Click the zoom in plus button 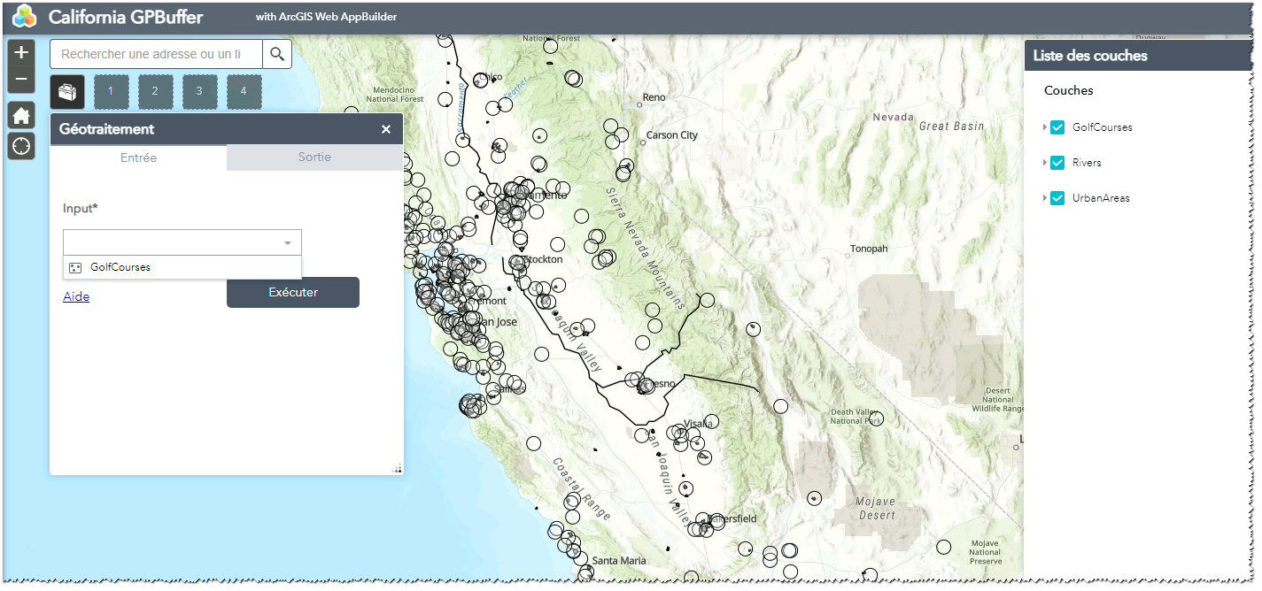(x=21, y=52)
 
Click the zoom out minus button (x=21, y=80)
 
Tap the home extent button (x=21, y=116)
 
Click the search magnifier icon (x=277, y=54)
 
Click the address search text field (x=156, y=54)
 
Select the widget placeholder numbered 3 (x=199, y=91)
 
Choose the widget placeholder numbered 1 (x=111, y=91)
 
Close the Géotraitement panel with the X (x=386, y=129)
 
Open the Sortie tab (x=314, y=157)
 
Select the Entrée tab (x=138, y=157)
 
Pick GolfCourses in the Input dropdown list (x=120, y=267)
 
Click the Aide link (x=76, y=296)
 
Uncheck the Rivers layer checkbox (x=1057, y=163)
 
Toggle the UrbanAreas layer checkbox (x=1057, y=198)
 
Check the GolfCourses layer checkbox (x=1057, y=127)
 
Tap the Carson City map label (x=672, y=135)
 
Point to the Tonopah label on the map (x=868, y=249)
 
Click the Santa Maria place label (x=619, y=561)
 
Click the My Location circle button (x=21, y=146)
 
